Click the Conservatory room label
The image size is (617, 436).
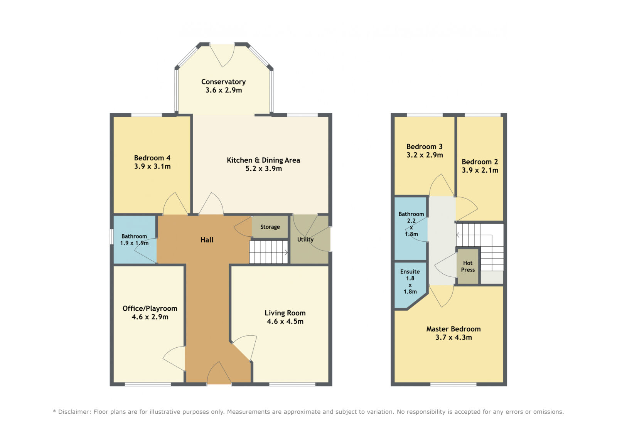click(x=223, y=82)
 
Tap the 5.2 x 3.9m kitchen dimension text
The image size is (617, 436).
click(x=264, y=168)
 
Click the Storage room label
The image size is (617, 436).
click(x=270, y=227)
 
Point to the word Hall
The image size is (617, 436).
click(x=207, y=240)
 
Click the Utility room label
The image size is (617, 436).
click(x=305, y=240)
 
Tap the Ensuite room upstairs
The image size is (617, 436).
click(x=410, y=285)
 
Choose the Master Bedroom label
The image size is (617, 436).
click(x=453, y=329)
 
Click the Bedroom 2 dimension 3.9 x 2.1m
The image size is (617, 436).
click(x=480, y=170)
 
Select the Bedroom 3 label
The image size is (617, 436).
click(x=425, y=146)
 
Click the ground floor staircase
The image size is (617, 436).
click(x=268, y=252)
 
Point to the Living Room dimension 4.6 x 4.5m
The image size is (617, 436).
click(x=285, y=322)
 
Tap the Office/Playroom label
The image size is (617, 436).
click(x=150, y=308)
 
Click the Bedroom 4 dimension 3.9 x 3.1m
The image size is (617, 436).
click(x=152, y=167)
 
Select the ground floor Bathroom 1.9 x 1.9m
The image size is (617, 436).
click(x=134, y=240)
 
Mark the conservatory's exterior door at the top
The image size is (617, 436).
click(x=222, y=56)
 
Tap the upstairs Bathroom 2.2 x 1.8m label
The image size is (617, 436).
click(x=411, y=224)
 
